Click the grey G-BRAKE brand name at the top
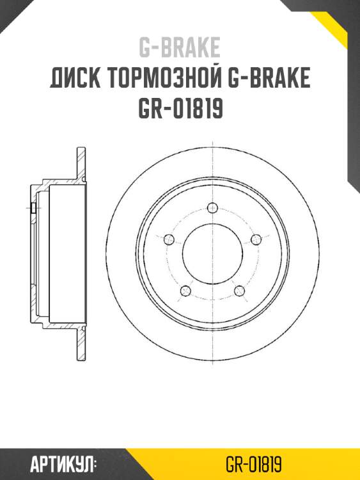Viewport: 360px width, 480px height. coord(180,47)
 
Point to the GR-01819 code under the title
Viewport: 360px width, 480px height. coord(180,109)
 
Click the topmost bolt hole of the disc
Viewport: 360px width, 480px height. coord(212,207)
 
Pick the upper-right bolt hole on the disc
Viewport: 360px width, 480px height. coord(256,239)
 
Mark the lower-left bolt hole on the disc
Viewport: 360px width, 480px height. coord(186,290)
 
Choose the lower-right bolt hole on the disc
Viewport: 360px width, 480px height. coord(240,290)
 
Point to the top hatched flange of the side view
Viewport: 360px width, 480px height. coord(81,164)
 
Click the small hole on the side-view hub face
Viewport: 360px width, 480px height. coord(32,207)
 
